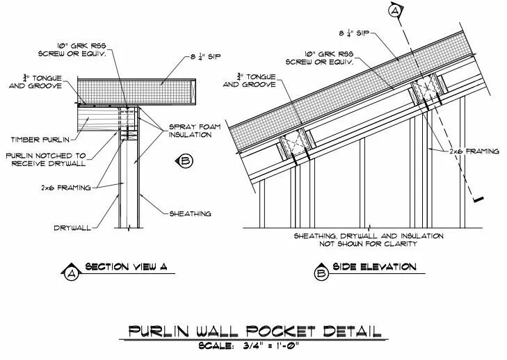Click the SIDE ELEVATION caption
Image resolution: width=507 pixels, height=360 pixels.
(375, 267)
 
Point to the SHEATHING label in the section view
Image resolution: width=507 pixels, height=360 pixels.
(190, 213)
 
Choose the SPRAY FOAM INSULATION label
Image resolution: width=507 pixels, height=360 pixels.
(190, 131)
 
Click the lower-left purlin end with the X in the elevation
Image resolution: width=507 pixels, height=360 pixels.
(293, 148)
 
